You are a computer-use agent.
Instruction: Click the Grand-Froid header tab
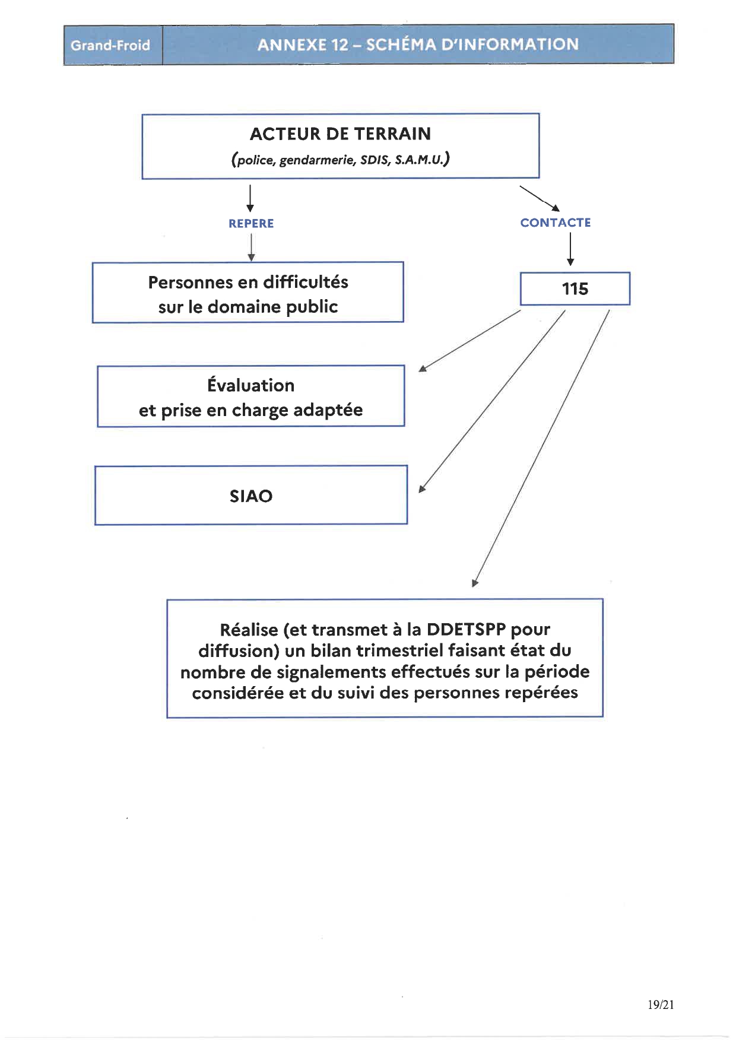(113, 45)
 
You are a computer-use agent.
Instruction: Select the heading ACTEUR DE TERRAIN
(341, 134)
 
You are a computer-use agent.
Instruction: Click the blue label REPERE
(251, 224)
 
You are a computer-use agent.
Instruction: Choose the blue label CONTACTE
(556, 223)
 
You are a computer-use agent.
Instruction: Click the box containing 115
(575, 288)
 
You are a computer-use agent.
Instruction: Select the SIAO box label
(251, 496)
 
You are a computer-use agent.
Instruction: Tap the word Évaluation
(251, 385)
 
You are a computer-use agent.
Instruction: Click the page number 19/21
(661, 1004)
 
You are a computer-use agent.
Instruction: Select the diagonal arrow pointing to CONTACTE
(540, 199)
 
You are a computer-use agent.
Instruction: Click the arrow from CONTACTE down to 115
(570, 249)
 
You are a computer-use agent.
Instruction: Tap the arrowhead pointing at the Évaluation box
(423, 369)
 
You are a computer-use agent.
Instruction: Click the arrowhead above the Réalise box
(475, 583)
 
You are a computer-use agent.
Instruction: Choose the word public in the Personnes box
(314, 307)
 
